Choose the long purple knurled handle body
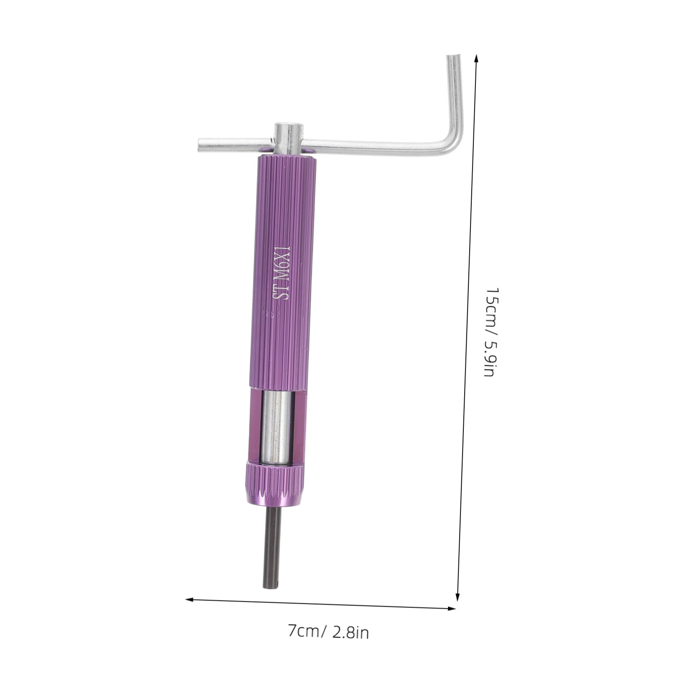click(279, 270)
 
